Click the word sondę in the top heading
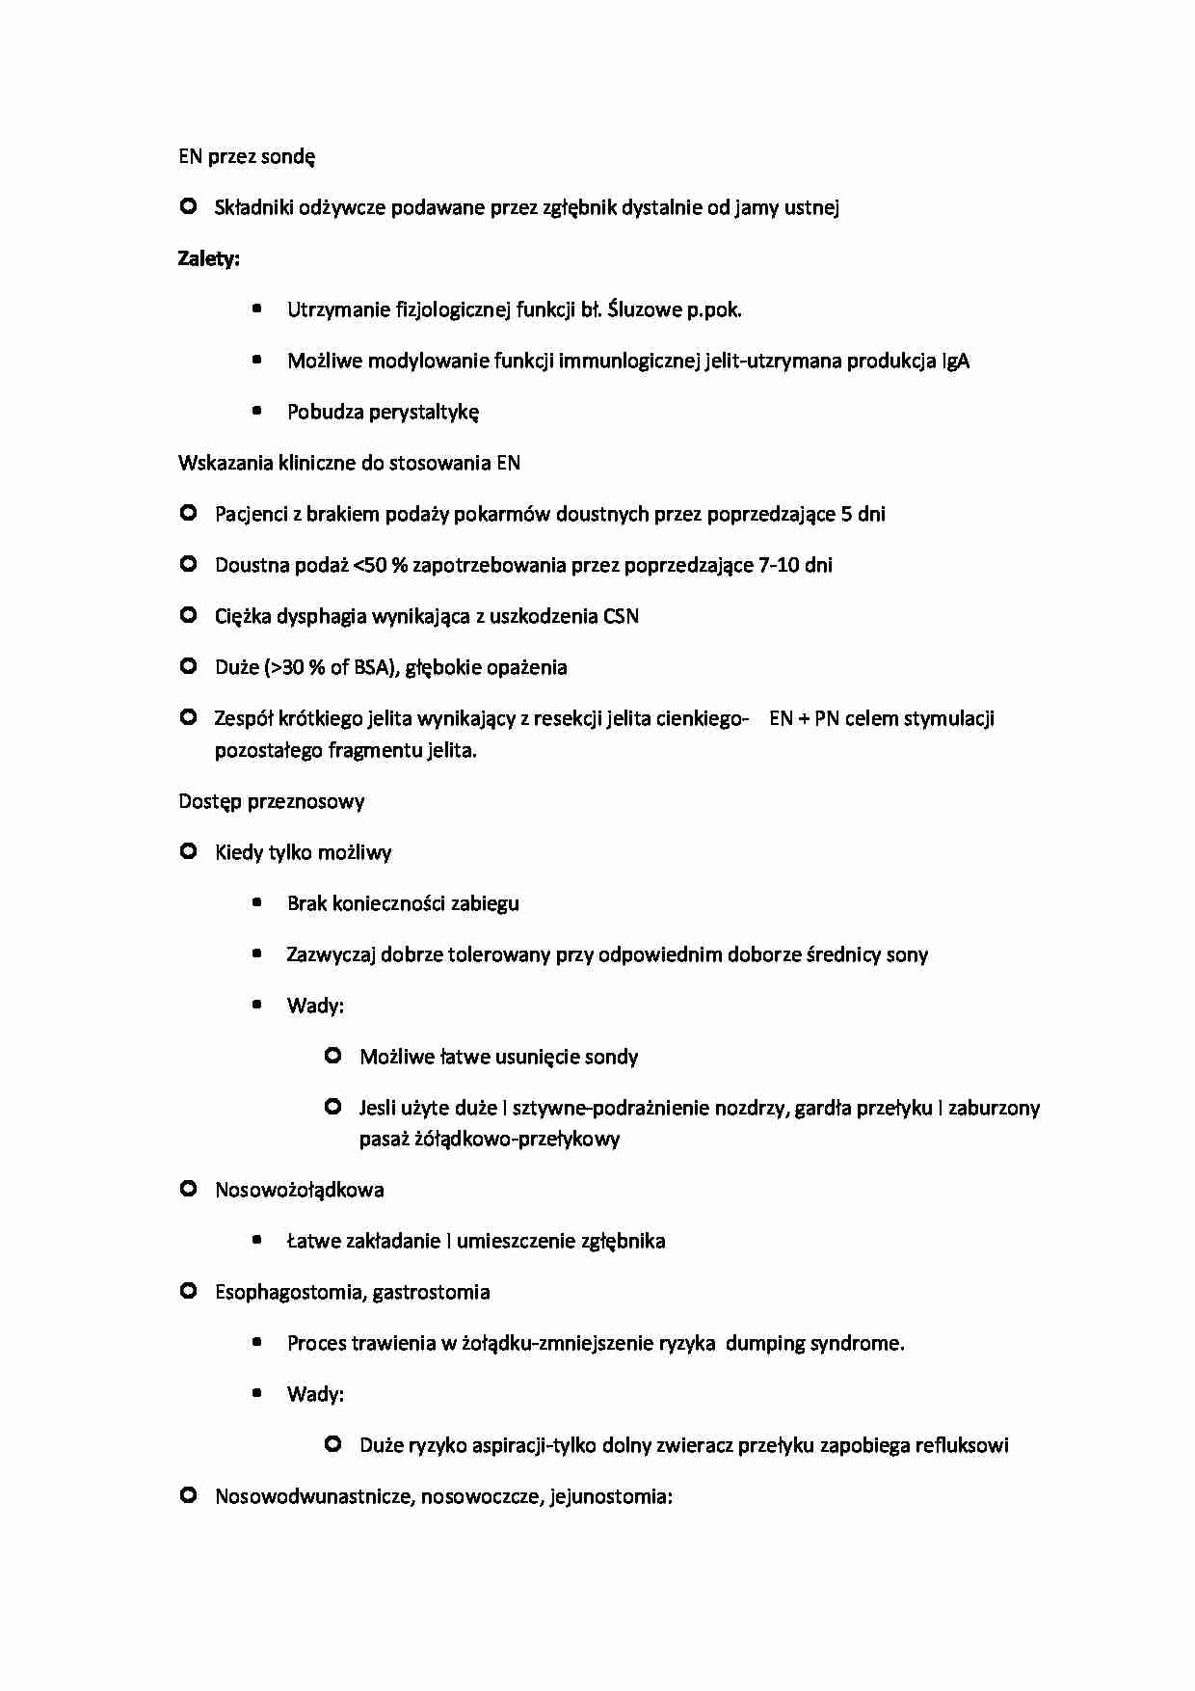(x=288, y=157)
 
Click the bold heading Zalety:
(x=208, y=258)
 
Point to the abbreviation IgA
(x=955, y=362)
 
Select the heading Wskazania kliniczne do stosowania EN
(x=349, y=463)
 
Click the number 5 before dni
(x=846, y=514)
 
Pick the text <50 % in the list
(x=381, y=565)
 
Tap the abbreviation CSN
(x=621, y=616)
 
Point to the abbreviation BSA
(x=370, y=667)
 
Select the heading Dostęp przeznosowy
(x=271, y=801)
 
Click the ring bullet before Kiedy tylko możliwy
(x=189, y=851)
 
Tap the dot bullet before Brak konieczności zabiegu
(x=257, y=903)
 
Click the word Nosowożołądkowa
(x=299, y=1190)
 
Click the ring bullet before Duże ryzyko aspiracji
(x=333, y=1444)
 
